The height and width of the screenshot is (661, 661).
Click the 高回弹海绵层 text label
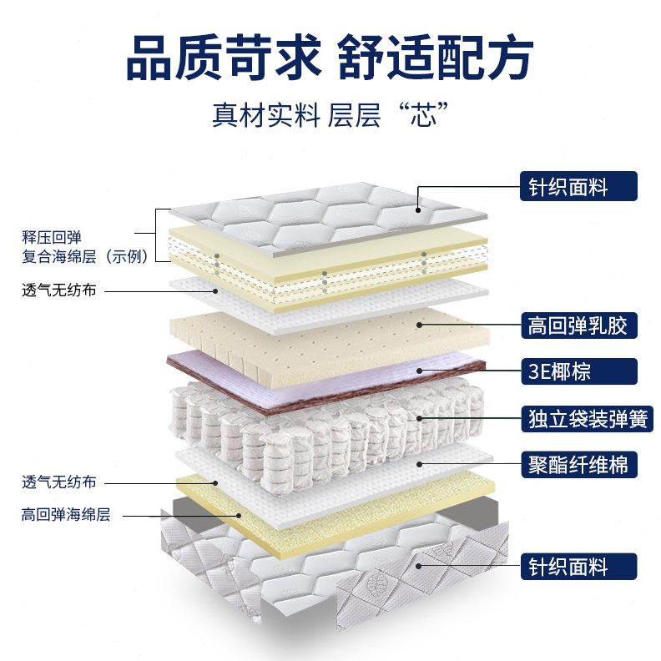(66, 515)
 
